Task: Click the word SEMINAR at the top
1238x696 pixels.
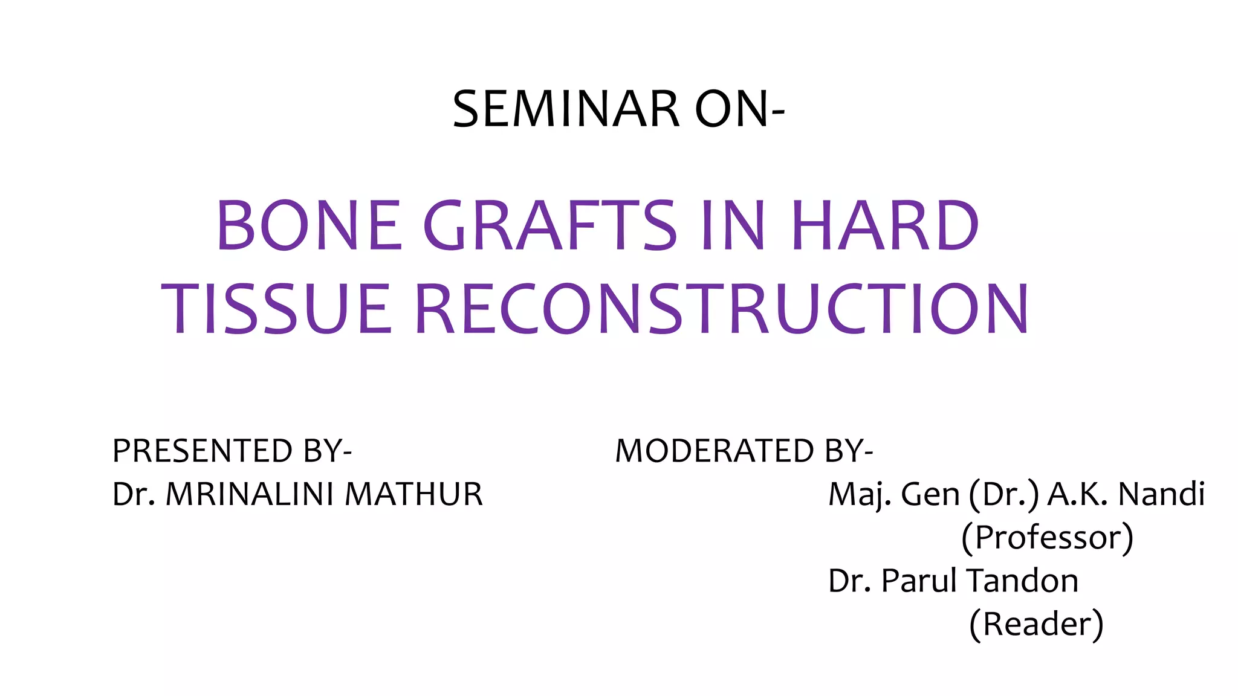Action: click(x=566, y=109)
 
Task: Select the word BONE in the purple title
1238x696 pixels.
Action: click(x=309, y=225)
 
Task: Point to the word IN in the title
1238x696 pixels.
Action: click(x=733, y=225)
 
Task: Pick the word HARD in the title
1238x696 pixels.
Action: click(x=884, y=225)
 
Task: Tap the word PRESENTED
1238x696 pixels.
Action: click(x=203, y=451)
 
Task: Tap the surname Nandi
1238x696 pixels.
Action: click(x=1161, y=494)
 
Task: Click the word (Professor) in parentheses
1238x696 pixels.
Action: click(x=1047, y=538)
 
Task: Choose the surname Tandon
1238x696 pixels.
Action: click(x=1022, y=581)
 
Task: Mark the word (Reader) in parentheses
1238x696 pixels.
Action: click(x=1036, y=625)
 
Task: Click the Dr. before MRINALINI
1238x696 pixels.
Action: click(x=134, y=494)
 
